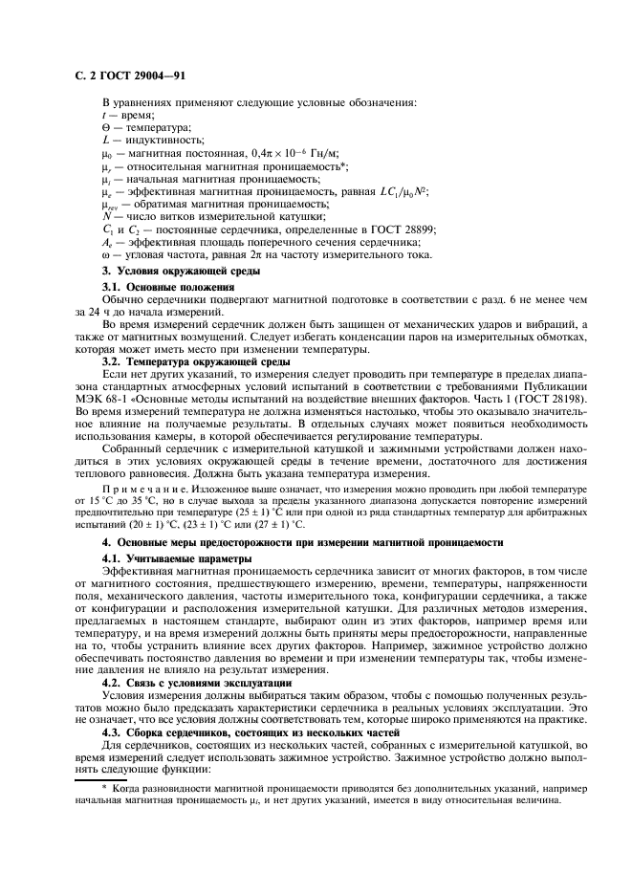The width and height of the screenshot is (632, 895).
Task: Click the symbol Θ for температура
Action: point(105,127)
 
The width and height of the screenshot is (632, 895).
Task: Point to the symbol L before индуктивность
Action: point(105,140)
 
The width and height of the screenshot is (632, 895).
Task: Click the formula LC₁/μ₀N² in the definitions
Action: point(399,190)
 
